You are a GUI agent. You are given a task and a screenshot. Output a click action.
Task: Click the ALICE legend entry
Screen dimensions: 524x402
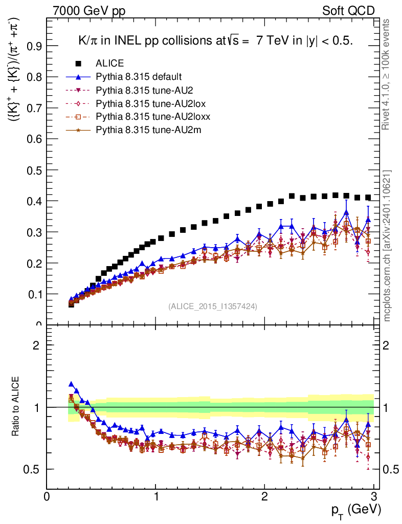(x=109, y=63)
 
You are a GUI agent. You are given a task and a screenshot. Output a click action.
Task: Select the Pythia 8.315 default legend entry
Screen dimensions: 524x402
(x=138, y=77)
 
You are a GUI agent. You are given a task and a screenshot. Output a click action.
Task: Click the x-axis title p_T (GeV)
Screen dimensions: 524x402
(x=354, y=510)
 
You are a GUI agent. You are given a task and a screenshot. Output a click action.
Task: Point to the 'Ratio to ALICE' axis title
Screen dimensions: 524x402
(x=17, y=406)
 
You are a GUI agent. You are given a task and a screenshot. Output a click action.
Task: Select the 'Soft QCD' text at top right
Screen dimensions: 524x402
(x=349, y=11)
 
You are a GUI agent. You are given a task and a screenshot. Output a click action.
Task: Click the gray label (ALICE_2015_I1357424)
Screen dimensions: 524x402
(x=213, y=306)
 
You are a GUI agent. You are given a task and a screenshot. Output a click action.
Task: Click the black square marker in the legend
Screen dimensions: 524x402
(x=79, y=63)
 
